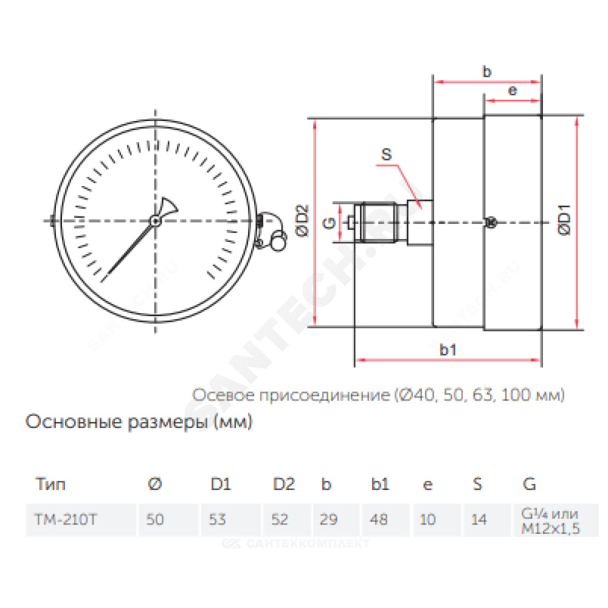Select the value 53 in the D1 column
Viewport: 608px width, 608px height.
click(x=217, y=520)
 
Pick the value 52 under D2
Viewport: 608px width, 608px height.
click(x=280, y=520)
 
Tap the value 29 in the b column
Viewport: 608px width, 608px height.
click(x=328, y=520)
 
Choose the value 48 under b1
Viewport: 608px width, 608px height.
click(x=378, y=520)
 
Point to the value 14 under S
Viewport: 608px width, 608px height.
click(x=479, y=520)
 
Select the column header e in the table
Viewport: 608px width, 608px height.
click(x=427, y=485)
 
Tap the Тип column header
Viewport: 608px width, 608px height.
click(x=50, y=485)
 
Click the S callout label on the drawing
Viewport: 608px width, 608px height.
click(x=386, y=154)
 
